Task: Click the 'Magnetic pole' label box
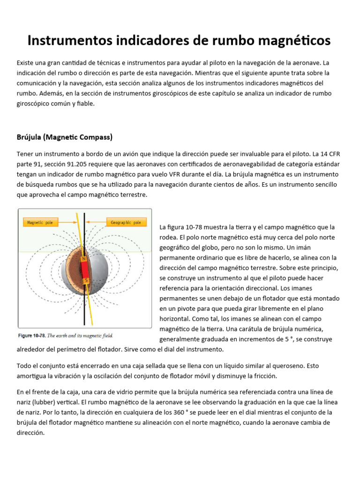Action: (44, 223)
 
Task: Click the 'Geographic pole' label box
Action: (127, 223)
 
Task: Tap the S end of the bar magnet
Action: (86, 280)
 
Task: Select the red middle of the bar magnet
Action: (85, 270)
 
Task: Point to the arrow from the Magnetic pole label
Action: (71, 223)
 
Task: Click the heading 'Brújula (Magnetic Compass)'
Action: (64, 137)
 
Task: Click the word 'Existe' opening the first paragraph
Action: (26, 62)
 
